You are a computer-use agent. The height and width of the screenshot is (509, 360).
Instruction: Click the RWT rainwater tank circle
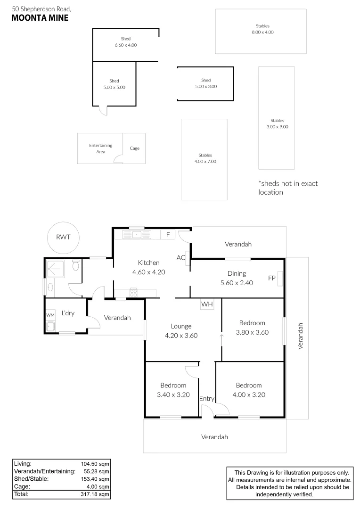click(x=63, y=237)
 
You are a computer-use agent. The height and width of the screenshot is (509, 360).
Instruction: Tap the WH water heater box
click(x=207, y=304)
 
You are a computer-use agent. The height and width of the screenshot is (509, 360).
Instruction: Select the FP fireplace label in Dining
click(x=272, y=278)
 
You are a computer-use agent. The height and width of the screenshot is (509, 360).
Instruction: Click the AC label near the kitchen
click(x=180, y=258)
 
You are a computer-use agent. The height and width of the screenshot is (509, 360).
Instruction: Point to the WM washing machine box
click(x=50, y=314)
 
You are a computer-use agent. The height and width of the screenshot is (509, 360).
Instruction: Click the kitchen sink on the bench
click(x=137, y=234)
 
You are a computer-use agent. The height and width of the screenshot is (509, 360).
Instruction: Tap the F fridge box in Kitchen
click(x=167, y=234)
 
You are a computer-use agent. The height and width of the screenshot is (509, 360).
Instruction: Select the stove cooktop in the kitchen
click(x=133, y=292)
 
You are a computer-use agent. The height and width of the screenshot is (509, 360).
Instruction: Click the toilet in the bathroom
click(x=75, y=267)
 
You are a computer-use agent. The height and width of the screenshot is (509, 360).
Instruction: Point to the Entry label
click(x=207, y=399)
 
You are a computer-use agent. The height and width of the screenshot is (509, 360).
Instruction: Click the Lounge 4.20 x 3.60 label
click(x=181, y=331)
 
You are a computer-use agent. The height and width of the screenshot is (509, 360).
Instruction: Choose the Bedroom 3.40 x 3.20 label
click(x=173, y=390)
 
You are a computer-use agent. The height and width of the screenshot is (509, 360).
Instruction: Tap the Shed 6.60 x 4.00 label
click(x=125, y=42)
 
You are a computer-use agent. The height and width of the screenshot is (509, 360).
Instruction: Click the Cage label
click(x=135, y=148)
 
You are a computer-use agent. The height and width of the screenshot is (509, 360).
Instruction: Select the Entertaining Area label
click(x=101, y=148)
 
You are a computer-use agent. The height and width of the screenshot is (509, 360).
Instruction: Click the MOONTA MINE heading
click(x=40, y=18)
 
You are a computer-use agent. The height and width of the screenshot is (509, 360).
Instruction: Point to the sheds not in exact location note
click(x=287, y=188)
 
